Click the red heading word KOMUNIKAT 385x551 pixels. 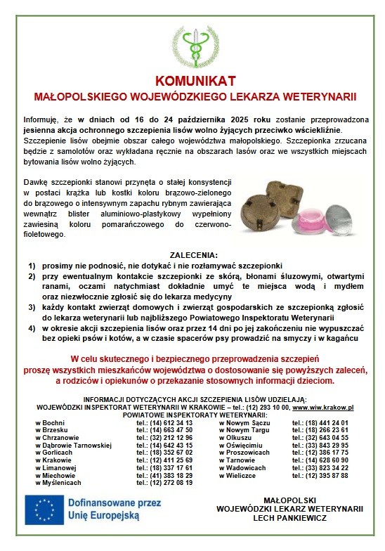point(192,80)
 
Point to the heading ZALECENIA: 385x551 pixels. point(193,254)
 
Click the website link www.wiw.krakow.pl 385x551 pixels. point(322,407)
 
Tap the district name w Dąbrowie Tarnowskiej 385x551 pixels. point(74,445)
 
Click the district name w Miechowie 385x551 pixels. point(56,475)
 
